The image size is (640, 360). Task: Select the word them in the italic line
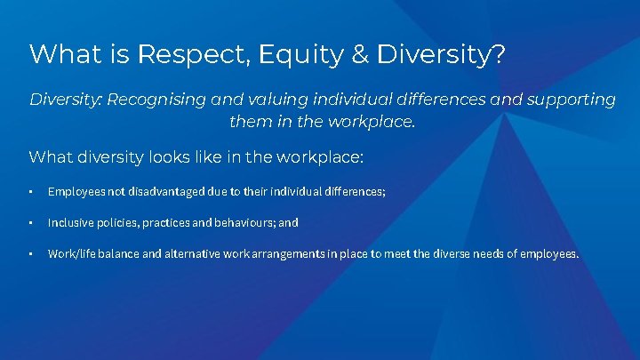point(247,121)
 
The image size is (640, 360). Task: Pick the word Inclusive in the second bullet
point(68,223)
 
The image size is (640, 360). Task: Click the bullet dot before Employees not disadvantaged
point(31,192)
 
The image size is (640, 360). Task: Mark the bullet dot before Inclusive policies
point(31,223)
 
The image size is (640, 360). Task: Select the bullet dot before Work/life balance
point(31,254)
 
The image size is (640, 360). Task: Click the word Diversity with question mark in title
point(442,54)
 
